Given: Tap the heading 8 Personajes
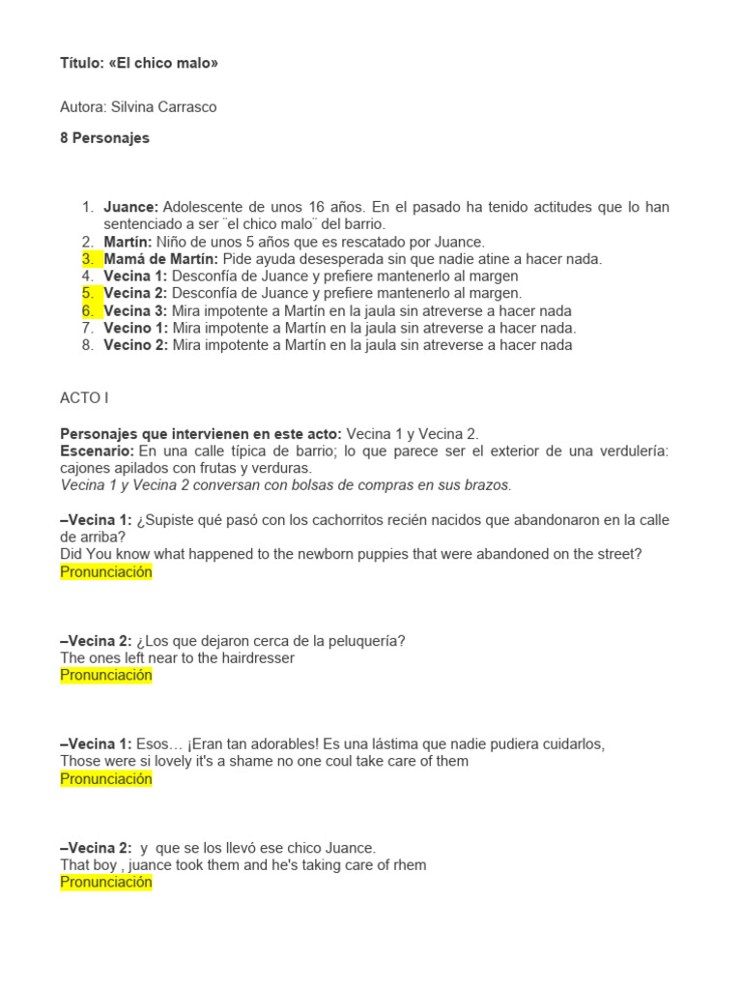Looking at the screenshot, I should coord(104,138).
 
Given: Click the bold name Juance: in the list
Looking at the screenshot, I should coord(131,208).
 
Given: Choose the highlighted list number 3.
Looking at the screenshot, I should coord(88,259).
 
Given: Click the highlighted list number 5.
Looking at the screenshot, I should coord(88,293).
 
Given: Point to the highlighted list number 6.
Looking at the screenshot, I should coord(88,310).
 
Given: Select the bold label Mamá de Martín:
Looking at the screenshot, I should coord(161,259).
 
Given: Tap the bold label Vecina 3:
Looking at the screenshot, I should coord(135,310).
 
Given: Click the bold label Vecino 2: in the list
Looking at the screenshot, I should coord(135,345).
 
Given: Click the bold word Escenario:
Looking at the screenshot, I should coord(98,451).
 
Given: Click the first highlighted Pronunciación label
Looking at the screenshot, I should coord(106,572).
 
